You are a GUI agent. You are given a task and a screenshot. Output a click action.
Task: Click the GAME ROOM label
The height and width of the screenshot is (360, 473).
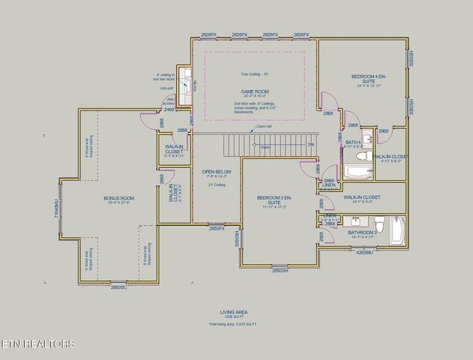point(250,91)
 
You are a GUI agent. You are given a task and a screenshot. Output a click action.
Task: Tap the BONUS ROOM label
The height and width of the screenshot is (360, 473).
point(118,198)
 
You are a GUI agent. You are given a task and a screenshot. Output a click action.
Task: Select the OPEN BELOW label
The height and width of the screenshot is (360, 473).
point(217,172)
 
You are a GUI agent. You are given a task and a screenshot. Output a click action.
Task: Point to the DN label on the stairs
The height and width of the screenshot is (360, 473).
point(310,144)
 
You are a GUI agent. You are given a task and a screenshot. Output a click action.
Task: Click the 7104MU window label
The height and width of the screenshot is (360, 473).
point(56,208)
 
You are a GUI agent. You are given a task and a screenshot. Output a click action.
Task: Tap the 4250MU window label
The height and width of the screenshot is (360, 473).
point(363,253)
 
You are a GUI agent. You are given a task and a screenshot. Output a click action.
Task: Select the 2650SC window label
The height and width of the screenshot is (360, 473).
point(119,287)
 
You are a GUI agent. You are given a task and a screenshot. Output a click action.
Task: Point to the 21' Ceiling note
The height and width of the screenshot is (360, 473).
point(216,185)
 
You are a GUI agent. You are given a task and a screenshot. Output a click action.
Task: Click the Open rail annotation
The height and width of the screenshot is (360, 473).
point(264,127)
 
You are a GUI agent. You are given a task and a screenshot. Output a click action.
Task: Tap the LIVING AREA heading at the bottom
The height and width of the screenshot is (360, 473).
point(232,311)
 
